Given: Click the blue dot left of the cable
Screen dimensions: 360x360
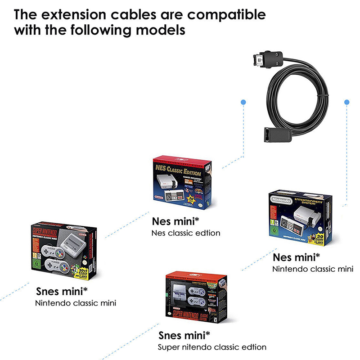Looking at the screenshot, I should tap(243, 102).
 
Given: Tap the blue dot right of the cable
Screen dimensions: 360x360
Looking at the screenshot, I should tap(346, 102).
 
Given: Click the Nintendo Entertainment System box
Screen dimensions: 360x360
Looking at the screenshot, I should tap(300, 216).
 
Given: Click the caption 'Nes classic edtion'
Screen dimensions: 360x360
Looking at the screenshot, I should tap(185, 233).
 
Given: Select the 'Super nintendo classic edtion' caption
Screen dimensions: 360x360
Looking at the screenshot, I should tap(212, 347).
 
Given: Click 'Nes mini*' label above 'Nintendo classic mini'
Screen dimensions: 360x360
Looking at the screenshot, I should tap(297, 257).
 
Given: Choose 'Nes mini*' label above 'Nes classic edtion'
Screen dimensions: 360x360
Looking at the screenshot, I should tap(173, 221).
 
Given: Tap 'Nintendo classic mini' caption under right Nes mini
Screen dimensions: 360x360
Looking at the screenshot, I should tap(312, 269).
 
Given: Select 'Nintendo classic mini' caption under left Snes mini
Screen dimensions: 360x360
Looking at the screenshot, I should tap(76, 303).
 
